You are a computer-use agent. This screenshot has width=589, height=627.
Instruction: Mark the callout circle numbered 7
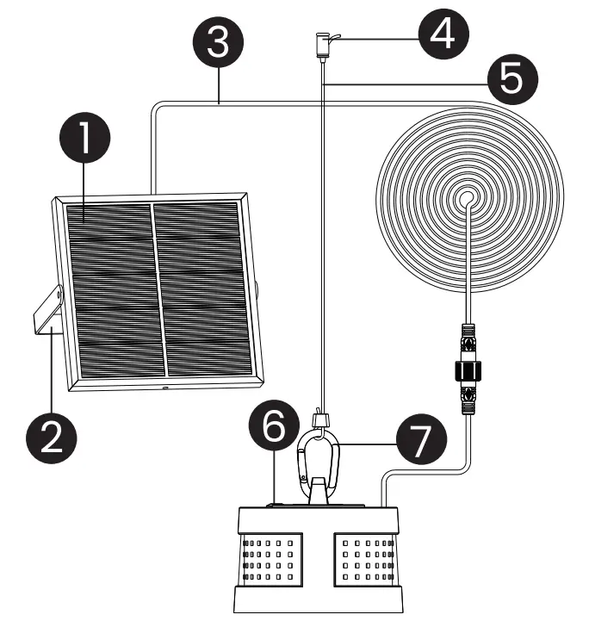(423, 439)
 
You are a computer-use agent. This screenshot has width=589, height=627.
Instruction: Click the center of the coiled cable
(468, 199)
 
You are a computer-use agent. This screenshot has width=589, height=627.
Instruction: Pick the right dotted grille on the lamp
(367, 561)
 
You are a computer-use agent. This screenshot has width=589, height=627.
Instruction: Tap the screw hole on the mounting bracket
(59, 295)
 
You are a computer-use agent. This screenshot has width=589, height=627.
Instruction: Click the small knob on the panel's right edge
(257, 288)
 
